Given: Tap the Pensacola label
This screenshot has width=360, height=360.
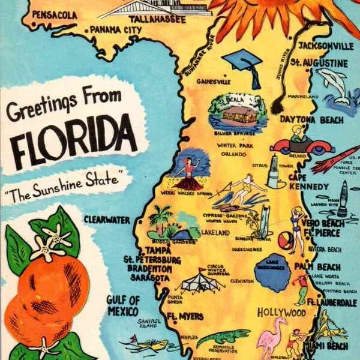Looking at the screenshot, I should [x=55, y=14].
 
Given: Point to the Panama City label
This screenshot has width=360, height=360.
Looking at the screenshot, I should [x=115, y=29].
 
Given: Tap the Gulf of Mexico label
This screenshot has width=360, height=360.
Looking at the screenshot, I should [x=122, y=305].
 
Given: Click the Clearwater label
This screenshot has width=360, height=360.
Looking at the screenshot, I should [x=107, y=220].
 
